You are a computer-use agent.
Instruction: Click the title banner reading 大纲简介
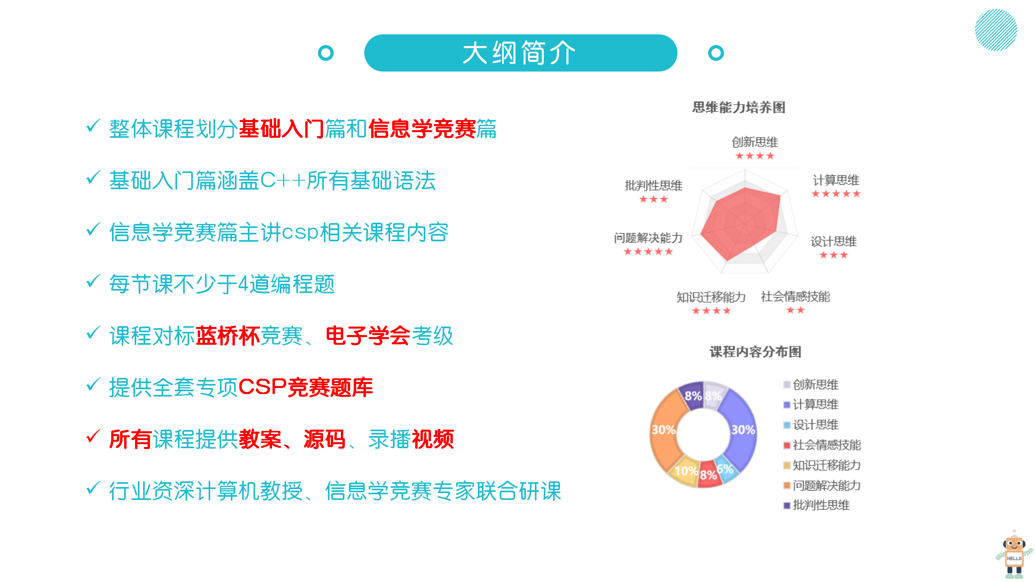[x=520, y=53]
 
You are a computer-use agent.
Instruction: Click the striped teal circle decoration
[x=996, y=30]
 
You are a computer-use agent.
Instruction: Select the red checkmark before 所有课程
[x=93, y=436]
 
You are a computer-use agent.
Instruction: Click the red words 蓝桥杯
[x=228, y=336]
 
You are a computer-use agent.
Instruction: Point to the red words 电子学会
[x=368, y=336]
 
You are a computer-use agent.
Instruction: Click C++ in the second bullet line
[x=283, y=180]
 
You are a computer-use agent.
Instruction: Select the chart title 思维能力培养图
[x=739, y=108]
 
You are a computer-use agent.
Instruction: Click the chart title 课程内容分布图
[x=755, y=352]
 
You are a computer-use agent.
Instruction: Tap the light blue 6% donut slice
[x=726, y=469]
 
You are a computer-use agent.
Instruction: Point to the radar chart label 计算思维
[x=836, y=180]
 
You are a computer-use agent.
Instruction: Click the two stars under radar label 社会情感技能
[x=795, y=310]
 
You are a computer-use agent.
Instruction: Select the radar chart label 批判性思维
[x=653, y=186]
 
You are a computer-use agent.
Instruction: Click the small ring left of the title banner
[x=326, y=53]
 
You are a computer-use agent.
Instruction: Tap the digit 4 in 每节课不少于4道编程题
[x=243, y=284]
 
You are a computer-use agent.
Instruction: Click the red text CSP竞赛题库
[x=306, y=388]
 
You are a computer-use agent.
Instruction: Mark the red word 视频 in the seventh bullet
[x=433, y=439]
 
